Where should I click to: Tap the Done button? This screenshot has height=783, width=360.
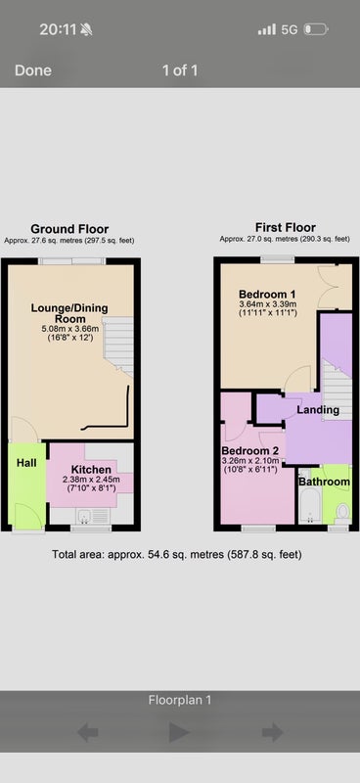(x=33, y=70)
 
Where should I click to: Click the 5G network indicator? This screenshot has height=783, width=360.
(x=290, y=30)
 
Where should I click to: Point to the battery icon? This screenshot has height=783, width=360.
(x=316, y=29)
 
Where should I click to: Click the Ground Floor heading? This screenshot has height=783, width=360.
(x=69, y=229)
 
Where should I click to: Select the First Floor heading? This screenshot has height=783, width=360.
(x=285, y=228)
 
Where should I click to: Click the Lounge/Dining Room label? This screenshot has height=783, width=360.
(x=69, y=313)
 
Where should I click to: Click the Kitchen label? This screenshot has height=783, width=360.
(x=91, y=470)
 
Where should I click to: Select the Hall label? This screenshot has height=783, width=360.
(x=26, y=463)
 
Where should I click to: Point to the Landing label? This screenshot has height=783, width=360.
(x=318, y=410)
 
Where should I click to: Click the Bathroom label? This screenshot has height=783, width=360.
(x=324, y=482)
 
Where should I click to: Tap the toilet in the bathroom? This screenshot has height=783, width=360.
(x=342, y=512)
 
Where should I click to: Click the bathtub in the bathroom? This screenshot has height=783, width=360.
(x=309, y=497)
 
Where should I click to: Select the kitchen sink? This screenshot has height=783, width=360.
(x=84, y=516)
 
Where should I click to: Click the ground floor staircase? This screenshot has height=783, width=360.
(x=118, y=345)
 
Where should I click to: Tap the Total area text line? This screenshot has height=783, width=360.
(x=177, y=554)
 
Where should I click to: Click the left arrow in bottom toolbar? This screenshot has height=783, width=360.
(x=88, y=733)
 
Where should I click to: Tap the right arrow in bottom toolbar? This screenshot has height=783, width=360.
(x=273, y=733)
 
